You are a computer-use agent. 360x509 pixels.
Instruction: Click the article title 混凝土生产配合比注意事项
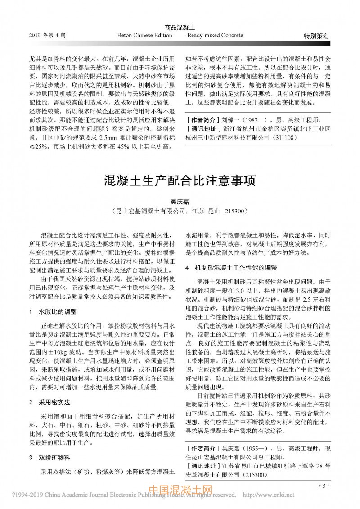(180, 181)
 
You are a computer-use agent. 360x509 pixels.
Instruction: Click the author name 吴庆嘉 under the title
(180, 203)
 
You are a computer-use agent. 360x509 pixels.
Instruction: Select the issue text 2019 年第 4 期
(47, 35)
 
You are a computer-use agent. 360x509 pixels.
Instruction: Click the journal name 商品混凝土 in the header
(180, 28)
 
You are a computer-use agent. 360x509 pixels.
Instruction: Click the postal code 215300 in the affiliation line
(235, 211)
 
